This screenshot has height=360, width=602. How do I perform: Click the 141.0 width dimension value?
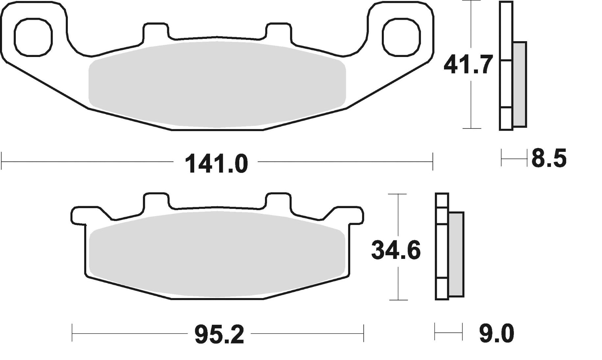pos(216,164)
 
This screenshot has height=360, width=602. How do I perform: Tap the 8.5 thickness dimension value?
pos(549,159)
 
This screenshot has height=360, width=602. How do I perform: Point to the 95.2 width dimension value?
pos(219,335)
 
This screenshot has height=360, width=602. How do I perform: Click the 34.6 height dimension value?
pos(396,251)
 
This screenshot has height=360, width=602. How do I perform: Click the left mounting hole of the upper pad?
pos(33,36)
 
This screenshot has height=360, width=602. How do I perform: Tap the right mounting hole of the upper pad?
pos(402,36)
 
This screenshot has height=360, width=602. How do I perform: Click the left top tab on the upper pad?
pos(156,32)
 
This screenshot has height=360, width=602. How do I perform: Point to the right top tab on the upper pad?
pos(278,32)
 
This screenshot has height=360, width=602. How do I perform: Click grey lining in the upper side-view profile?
pos(519,84)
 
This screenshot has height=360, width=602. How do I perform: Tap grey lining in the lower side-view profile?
pos(456,254)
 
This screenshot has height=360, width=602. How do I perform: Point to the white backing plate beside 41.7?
pos(506,84)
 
